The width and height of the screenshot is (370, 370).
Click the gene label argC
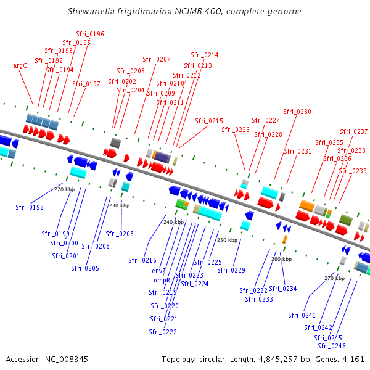pos(20,65)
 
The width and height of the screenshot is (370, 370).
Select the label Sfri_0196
pos(89,35)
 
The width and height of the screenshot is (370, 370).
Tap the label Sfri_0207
pos(157,59)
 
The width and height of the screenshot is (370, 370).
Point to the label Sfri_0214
pos(204,55)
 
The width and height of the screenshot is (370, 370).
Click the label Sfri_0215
pos(209,121)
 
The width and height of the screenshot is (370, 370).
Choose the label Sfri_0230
pos(297,112)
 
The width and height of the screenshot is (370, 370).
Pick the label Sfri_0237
pos(353,131)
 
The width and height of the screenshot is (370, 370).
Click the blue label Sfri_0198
pos(30,207)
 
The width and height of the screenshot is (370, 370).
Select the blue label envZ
pos(159,271)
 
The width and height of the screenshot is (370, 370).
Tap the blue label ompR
pos(162,280)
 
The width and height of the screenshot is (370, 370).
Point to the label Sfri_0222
pos(163,332)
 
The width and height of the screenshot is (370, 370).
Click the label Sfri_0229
pos(231,270)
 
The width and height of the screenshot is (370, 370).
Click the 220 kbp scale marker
pos(64,189)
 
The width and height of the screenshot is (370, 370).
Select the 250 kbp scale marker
pos(227,240)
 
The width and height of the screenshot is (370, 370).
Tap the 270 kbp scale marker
pos(335,278)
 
